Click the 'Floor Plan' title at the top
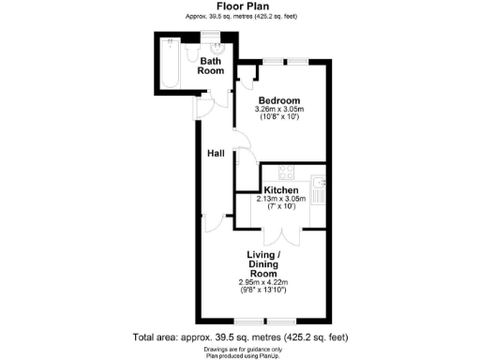[239, 6]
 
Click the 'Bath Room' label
[211, 66]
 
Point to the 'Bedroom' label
[278, 100]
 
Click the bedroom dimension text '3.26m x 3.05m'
[278, 111]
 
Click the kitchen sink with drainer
[320, 190]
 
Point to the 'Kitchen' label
[280, 189]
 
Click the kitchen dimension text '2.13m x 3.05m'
[280, 199]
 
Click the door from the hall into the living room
[223, 224]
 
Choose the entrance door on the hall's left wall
[198, 110]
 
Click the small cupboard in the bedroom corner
[247, 73]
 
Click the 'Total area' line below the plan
[241, 336]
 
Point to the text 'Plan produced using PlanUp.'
[240, 354]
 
